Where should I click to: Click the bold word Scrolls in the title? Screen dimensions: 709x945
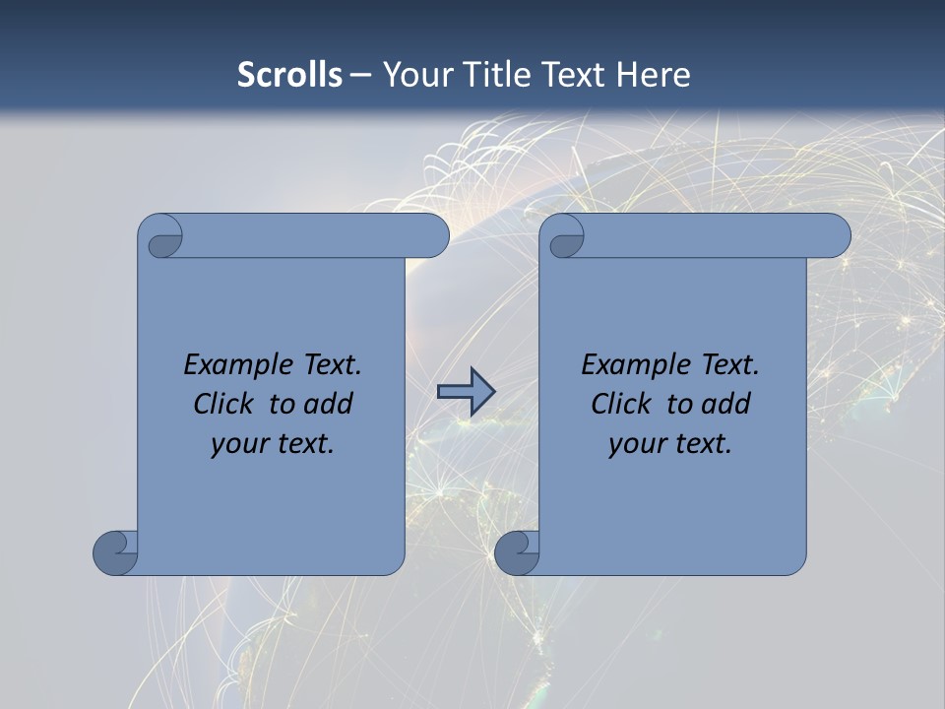(x=290, y=75)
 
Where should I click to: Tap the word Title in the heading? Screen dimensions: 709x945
(x=510, y=75)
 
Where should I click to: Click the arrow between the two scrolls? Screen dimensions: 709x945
(x=466, y=392)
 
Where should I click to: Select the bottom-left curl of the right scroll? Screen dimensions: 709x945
(x=518, y=552)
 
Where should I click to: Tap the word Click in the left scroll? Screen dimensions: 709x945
(x=224, y=404)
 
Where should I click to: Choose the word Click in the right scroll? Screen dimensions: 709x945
(x=621, y=404)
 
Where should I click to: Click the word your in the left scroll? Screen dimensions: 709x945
(x=239, y=444)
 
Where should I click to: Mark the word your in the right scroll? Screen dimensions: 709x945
(x=637, y=444)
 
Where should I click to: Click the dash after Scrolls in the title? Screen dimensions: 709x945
(x=360, y=76)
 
